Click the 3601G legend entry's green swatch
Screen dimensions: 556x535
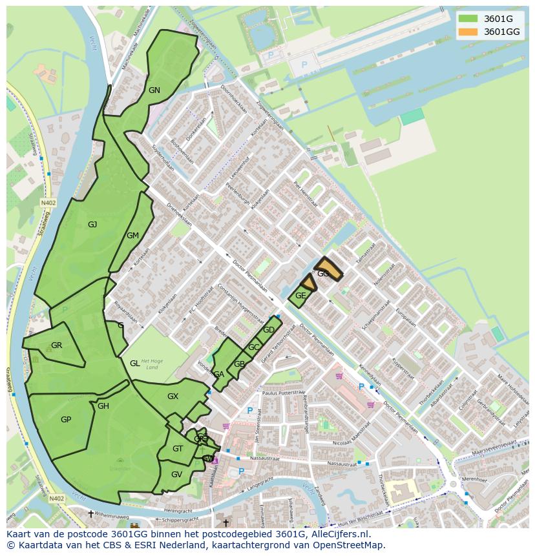click(468, 19)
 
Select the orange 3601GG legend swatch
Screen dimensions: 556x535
click(468, 32)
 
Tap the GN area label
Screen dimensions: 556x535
click(154, 90)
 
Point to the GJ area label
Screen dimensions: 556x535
click(92, 225)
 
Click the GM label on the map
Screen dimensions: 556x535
click(132, 236)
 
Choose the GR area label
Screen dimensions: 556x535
click(57, 345)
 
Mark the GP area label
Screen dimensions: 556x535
click(66, 420)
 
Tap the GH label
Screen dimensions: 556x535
click(103, 406)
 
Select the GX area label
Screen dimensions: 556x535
click(173, 396)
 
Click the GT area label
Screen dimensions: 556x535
click(178, 449)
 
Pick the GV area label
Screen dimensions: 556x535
click(176, 475)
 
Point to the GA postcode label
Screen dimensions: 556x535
click(219, 375)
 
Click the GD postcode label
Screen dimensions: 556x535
click(269, 330)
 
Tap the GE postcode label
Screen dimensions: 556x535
click(300, 296)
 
